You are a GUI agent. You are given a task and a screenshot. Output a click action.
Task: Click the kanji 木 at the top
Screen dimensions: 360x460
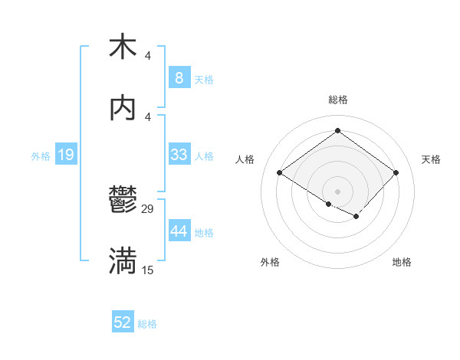click(123, 47)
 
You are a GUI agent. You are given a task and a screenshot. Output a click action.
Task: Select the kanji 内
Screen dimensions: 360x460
click(123, 109)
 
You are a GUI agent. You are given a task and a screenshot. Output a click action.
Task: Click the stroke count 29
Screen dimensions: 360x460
click(148, 209)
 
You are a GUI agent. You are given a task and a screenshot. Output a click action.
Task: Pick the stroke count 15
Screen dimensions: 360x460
click(148, 270)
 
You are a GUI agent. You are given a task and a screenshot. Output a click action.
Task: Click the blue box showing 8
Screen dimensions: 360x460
click(179, 77)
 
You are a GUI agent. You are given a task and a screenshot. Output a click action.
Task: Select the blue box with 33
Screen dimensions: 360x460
click(179, 155)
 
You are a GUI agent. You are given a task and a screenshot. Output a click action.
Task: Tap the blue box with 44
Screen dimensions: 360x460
click(179, 231)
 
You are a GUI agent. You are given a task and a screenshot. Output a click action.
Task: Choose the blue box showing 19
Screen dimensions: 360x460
click(66, 155)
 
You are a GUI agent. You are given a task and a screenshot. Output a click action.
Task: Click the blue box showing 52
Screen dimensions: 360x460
click(123, 322)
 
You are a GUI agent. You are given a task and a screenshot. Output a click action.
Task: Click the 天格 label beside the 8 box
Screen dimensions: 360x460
click(204, 79)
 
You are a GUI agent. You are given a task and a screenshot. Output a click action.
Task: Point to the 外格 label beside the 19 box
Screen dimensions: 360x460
click(41, 156)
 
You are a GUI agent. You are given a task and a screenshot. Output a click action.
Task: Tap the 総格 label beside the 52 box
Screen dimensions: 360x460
click(147, 324)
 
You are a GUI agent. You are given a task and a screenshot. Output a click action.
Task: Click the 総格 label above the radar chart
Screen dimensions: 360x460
click(337, 100)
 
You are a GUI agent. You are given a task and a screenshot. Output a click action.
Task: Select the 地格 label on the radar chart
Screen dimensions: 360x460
click(402, 262)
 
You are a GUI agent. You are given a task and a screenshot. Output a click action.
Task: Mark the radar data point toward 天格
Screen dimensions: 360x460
click(396, 172)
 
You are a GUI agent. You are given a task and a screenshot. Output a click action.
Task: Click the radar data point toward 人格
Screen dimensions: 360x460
click(280, 172)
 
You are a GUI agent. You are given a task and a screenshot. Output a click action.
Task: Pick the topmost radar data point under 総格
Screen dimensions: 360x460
click(337, 131)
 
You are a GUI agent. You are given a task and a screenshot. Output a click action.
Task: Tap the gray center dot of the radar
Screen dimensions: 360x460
click(337, 191)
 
